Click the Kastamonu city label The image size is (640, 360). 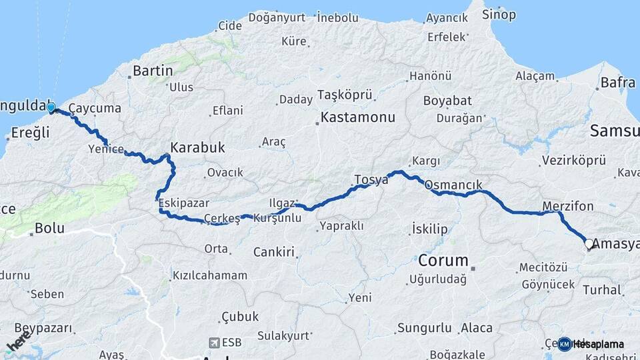(x=357, y=117)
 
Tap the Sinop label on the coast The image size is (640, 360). (x=499, y=15)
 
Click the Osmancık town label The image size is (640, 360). (x=453, y=185)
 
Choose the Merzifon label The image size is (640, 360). (x=567, y=206)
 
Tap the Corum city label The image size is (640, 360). (x=443, y=260)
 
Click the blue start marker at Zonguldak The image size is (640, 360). (x=51, y=107)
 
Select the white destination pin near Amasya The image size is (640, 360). (x=589, y=244)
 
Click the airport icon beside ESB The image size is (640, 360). (x=214, y=343)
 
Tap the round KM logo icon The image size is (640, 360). (x=564, y=344)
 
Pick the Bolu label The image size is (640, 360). (x=49, y=228)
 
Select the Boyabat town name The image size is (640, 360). (x=447, y=101)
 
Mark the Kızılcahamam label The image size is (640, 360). (x=210, y=275)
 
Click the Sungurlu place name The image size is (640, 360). (x=425, y=327)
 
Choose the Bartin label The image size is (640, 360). (x=153, y=71)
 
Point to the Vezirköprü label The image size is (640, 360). (x=573, y=161)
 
